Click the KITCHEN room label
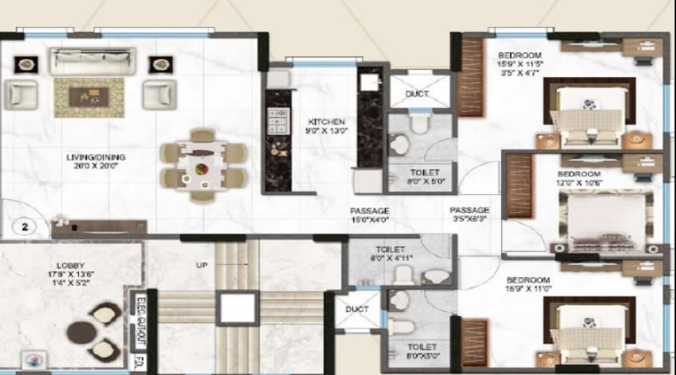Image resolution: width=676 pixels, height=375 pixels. coord(326,121)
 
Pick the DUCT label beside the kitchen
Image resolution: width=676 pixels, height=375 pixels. coord(417,94)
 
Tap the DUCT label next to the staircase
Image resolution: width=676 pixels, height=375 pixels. coord(356,309)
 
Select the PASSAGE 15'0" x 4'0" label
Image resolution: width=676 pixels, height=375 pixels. coord(370,211)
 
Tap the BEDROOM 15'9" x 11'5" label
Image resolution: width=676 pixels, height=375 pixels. coord(520,55)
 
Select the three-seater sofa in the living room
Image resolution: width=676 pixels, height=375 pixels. coord(92,61)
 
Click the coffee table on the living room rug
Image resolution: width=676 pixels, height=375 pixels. coord(88,96)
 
